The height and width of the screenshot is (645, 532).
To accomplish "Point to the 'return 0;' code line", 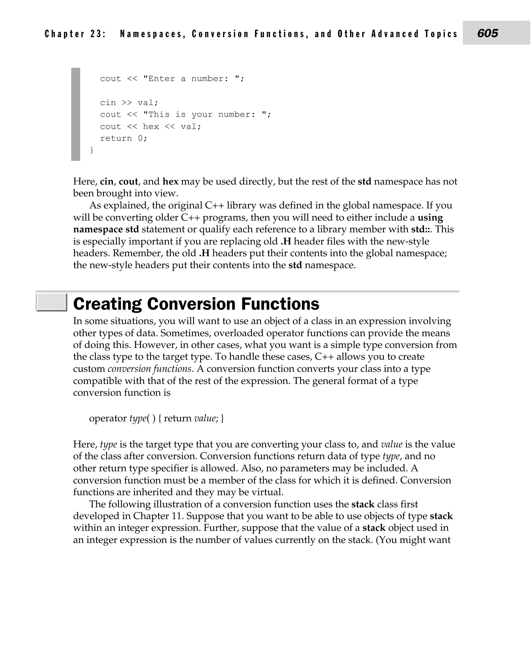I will pos(123,138).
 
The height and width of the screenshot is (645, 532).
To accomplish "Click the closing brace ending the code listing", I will pos(92,150).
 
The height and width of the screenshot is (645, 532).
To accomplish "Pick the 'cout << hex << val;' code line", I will pos(150,126).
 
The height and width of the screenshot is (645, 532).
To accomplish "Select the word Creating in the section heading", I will pos(107,304).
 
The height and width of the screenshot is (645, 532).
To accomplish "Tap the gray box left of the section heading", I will pos(51,303).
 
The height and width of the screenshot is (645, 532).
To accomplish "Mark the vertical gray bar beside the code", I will pos(76,114).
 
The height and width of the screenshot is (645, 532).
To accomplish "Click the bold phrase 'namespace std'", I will pos(106,229).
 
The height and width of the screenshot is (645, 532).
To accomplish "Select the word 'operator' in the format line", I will pos(108,418).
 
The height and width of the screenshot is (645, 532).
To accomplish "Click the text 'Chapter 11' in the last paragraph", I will pos(158,516).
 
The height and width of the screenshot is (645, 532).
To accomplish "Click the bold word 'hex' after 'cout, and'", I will pos(170,182).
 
